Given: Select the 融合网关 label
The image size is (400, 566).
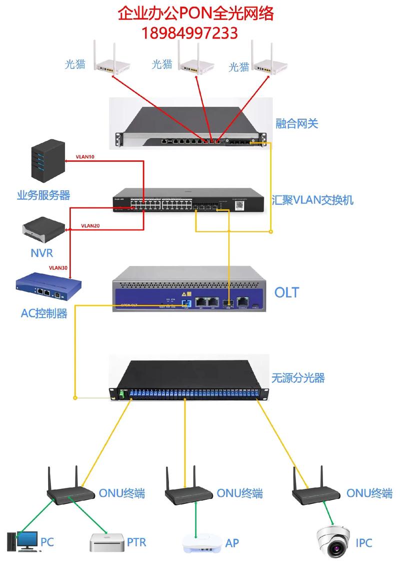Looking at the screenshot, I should click(296, 123).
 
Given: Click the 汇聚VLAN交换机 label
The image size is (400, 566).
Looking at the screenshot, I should click(313, 200).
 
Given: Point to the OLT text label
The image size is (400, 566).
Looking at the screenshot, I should click(286, 292).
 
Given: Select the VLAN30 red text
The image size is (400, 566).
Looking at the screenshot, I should click(58, 268).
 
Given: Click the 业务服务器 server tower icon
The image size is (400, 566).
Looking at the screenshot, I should click(48, 161).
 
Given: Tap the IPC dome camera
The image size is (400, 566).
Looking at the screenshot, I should click(334, 540).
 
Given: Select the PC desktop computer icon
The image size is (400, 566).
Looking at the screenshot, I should click(22, 541).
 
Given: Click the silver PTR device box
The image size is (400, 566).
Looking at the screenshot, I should click(106, 542).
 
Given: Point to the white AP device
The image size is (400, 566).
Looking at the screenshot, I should click(202, 544).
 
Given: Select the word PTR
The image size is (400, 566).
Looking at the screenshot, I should click(136, 542).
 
